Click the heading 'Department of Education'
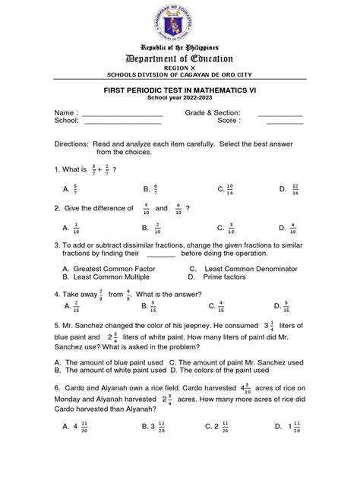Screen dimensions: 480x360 tap(180, 58)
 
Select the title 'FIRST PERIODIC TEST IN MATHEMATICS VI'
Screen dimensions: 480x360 tap(180, 90)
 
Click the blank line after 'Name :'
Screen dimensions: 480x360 tap(122, 115)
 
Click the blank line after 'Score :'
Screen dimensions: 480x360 tap(284, 122)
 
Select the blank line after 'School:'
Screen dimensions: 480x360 tap(122, 122)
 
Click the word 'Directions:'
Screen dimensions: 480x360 tap(71, 143)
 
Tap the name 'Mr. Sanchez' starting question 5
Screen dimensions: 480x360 tap(84, 326)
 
